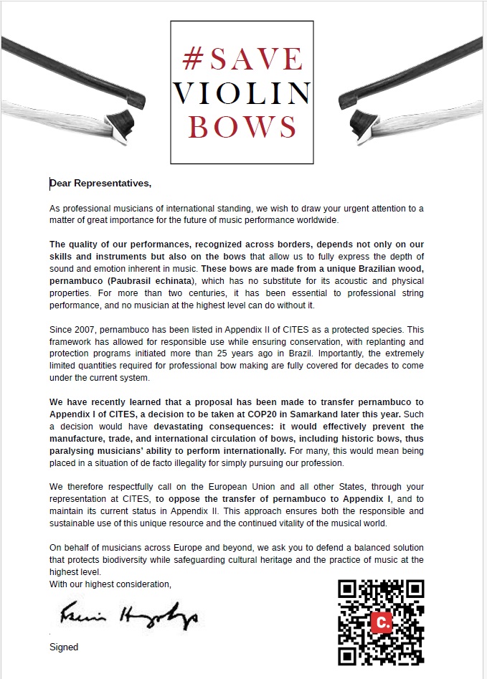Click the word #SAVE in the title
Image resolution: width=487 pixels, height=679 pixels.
point(242,58)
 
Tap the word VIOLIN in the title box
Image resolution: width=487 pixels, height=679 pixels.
point(242,92)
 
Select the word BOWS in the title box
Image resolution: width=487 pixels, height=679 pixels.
point(242,126)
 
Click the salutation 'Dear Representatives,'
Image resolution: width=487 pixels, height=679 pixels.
point(100,183)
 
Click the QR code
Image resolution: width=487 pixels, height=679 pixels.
point(381,622)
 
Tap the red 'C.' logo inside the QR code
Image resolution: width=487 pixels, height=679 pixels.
point(381,622)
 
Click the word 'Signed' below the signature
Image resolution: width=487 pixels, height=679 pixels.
point(64,647)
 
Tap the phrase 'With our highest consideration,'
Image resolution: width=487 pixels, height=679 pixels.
point(110,584)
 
